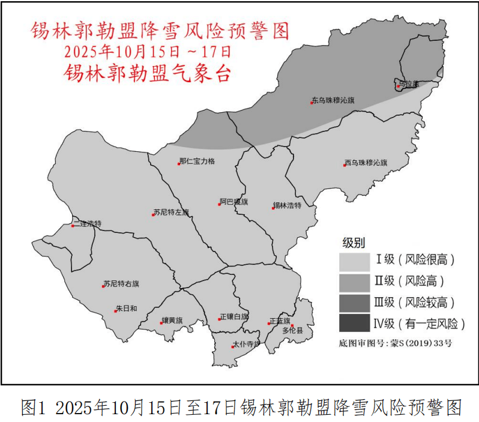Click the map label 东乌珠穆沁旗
pyautogui.click(x=334, y=101)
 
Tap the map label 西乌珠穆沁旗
pyautogui.click(x=366, y=163)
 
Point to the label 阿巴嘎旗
pyautogui.click(x=234, y=202)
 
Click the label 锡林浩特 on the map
pyautogui.click(x=287, y=206)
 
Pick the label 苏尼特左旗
pyautogui.click(x=172, y=213)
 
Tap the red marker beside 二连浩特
pyautogui.click(x=73, y=226)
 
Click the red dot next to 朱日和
pyautogui.click(x=115, y=311)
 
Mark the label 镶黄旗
pyautogui.click(x=173, y=321)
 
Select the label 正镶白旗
pyautogui.click(x=235, y=317)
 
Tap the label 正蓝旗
pyautogui.click(x=280, y=321)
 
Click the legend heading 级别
pyautogui.click(x=354, y=243)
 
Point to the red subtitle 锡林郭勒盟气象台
pyautogui.click(x=148, y=73)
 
